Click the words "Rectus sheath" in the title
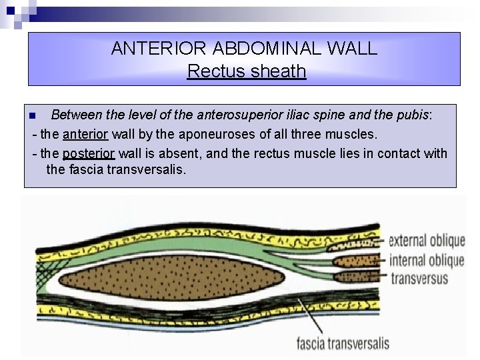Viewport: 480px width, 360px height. pos(246,71)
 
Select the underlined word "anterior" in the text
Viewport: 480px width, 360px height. pos(85,135)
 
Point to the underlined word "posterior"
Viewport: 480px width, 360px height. pos(89,153)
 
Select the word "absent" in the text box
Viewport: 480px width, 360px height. pos(179,153)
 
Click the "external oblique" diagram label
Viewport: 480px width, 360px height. pos(427,241)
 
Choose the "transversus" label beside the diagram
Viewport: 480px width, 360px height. pos(419,278)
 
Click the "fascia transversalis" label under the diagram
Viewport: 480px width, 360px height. pos(342,344)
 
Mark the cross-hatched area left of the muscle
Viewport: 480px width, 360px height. pos(46,270)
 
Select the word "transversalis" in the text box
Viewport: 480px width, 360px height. pos(147,169)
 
